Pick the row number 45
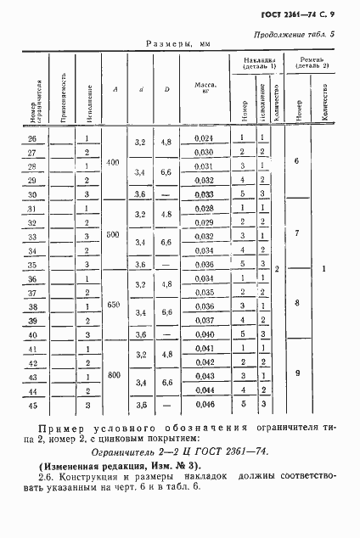pos(33,406)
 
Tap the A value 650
pos(114,304)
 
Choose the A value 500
pos(114,233)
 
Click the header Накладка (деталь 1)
pos(252,66)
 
